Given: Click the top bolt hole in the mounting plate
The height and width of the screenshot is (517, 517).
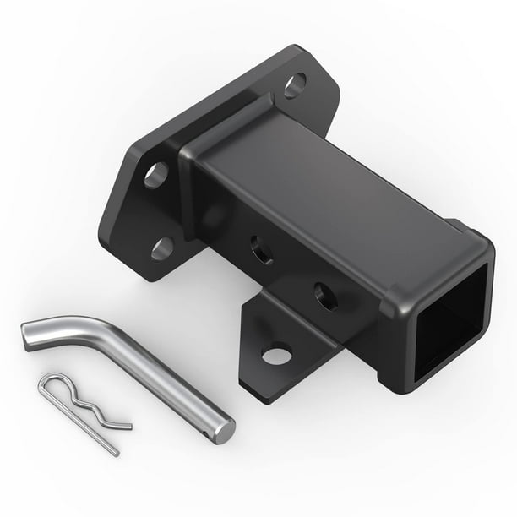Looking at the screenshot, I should point(295,85).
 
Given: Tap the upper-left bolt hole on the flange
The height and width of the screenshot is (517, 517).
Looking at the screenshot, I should point(156,175).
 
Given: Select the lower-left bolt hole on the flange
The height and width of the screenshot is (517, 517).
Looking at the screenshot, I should point(162,248).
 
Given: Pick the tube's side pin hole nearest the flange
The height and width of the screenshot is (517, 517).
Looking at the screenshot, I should point(262,250).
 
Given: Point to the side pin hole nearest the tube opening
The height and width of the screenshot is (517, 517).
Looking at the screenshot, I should point(325,295).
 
